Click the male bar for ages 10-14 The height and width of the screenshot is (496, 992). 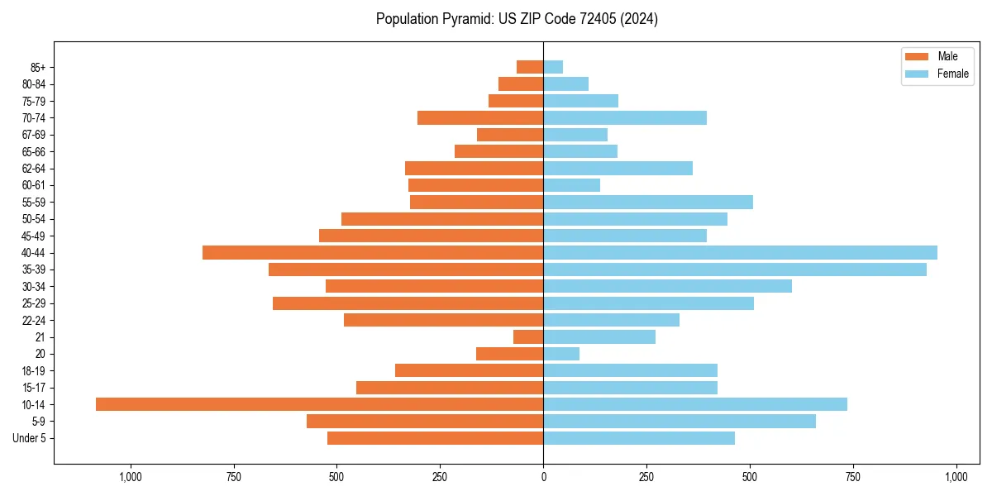coord(319,404)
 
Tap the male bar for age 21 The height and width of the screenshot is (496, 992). coord(528,336)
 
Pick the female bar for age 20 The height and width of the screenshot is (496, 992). coord(561,354)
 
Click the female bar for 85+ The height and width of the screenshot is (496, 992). coord(553,67)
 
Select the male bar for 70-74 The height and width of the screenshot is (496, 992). coord(480,117)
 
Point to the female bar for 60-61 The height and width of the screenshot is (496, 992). coord(571,185)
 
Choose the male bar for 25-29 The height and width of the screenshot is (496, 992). coord(408,303)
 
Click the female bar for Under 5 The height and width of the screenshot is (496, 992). coord(639,438)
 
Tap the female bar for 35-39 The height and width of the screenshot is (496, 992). coord(735,269)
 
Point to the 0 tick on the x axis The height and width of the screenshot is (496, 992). coord(543,477)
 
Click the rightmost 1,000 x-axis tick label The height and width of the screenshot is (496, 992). coord(956,477)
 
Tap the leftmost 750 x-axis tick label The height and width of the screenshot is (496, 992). coord(233,477)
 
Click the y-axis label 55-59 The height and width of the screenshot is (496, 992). coord(34,202)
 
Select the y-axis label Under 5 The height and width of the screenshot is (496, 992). coord(29,438)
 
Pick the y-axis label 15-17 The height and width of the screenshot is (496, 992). coord(34,388)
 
